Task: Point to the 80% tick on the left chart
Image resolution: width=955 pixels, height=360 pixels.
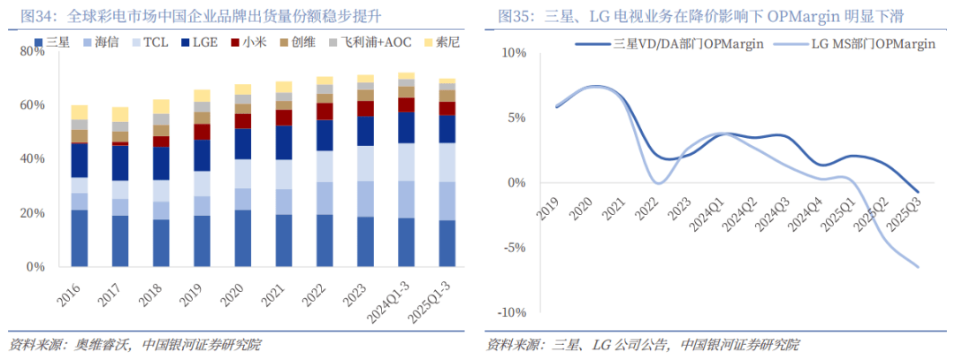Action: (x=32, y=51)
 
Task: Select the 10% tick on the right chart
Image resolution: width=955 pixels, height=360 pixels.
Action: (x=513, y=53)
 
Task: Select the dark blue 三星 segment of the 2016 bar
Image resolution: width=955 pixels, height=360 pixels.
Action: (x=80, y=238)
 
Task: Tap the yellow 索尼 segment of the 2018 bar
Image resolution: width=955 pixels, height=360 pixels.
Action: (x=160, y=106)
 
